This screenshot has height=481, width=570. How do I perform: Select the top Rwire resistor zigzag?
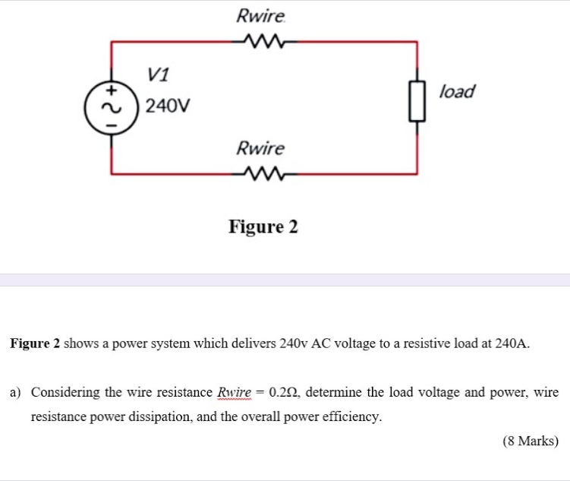260,41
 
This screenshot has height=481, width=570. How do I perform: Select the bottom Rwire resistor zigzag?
260,174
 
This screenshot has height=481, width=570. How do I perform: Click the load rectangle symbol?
415,103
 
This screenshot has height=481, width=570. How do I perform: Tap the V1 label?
159,74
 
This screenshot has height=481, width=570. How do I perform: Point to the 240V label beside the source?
168,106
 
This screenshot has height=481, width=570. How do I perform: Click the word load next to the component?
458,91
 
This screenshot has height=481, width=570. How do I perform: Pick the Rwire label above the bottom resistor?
260,147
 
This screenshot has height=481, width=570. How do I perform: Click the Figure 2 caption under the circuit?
263,226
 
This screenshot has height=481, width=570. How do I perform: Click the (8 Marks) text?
531,441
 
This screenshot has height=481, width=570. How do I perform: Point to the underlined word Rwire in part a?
235,393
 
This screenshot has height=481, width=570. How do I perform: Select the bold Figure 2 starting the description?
35,343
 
